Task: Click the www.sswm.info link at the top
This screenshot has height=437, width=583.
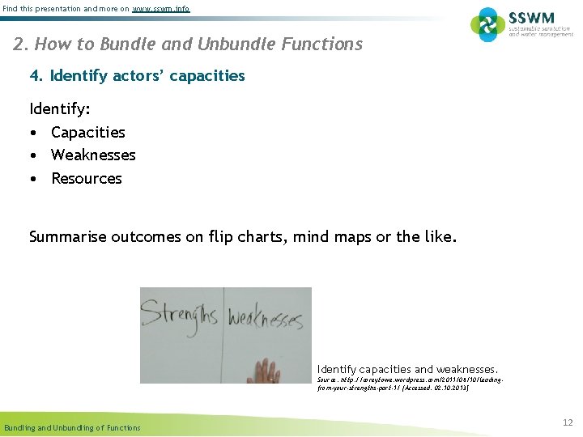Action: click(x=161, y=8)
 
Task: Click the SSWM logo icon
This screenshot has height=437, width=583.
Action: click(x=487, y=24)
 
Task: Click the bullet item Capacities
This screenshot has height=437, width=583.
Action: click(x=87, y=132)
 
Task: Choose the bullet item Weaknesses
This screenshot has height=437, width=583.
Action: click(x=93, y=155)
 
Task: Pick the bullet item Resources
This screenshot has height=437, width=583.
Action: click(x=86, y=178)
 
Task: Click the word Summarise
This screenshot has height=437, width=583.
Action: click(x=67, y=238)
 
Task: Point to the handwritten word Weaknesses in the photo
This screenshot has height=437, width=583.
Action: click(x=264, y=319)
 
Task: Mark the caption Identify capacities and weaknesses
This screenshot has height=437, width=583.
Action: click(x=407, y=369)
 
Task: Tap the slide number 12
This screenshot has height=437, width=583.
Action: click(x=567, y=422)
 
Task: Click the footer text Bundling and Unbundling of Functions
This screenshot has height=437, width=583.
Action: click(x=72, y=427)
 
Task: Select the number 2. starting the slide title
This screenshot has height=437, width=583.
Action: click(x=21, y=44)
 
